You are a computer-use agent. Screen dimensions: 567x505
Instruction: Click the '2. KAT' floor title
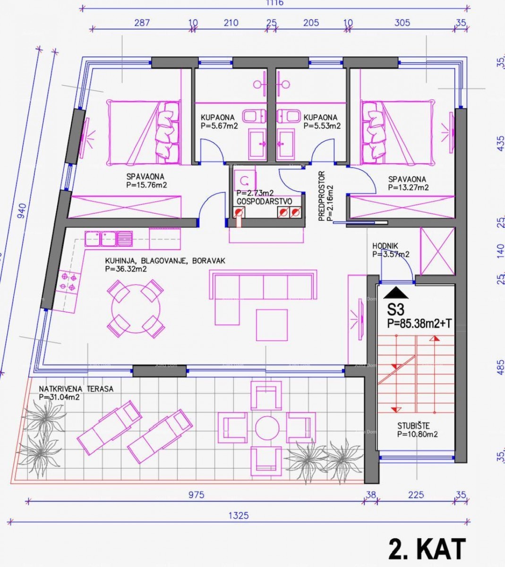[x=427, y=549]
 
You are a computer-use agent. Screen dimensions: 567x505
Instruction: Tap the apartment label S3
[x=396, y=310]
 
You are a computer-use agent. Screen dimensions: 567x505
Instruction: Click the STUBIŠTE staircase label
[x=413, y=426]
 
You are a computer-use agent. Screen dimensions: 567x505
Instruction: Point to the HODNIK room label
[x=385, y=246]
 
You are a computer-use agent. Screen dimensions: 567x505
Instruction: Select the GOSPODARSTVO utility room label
[x=264, y=201]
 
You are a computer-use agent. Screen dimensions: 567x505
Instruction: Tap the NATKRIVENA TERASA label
[x=76, y=389]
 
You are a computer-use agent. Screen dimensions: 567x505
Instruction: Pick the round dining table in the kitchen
[x=135, y=309]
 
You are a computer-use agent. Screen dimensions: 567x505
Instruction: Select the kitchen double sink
[x=109, y=238]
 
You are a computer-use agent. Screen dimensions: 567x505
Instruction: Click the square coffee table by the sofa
[x=272, y=325]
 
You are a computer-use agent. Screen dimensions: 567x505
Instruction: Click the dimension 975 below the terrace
[x=196, y=495]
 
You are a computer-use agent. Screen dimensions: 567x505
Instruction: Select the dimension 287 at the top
[x=142, y=22]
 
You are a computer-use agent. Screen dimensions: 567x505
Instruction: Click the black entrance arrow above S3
[x=396, y=293]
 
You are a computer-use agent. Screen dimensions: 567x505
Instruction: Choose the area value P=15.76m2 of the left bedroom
[x=146, y=185]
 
